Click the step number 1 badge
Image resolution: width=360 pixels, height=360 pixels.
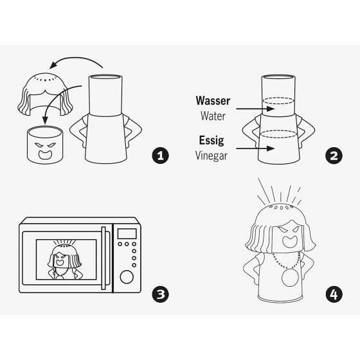pyautogui.click(x=161, y=156)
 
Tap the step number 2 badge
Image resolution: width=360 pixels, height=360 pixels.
pyautogui.click(x=334, y=156)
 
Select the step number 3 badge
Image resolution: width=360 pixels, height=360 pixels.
pyautogui.click(x=161, y=294)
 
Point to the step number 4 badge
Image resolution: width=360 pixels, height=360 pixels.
pyautogui.click(x=334, y=294)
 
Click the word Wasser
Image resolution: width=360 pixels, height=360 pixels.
pyautogui.click(x=213, y=100)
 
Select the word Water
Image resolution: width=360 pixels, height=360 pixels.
pyautogui.click(x=213, y=116)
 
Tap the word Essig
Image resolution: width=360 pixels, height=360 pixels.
pyautogui.click(x=212, y=140)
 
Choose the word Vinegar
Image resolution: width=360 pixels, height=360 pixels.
pyautogui.click(x=212, y=156)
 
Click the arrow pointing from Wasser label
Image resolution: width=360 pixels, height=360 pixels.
pyautogui.click(x=255, y=109)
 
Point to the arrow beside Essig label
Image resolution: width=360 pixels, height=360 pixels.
pyautogui.click(x=255, y=148)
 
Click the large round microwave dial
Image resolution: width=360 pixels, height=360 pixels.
pyautogui.click(x=127, y=277)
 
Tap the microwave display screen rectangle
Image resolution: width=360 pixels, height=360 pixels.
pyautogui.click(x=127, y=234)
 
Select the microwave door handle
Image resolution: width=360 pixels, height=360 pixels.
pyautogui.click(x=104, y=258)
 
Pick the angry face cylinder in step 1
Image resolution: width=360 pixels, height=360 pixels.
pyautogui.click(x=45, y=145)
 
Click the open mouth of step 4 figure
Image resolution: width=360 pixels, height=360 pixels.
pyautogui.click(x=290, y=242)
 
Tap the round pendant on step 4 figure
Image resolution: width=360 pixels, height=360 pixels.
pyautogui.click(x=290, y=278)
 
